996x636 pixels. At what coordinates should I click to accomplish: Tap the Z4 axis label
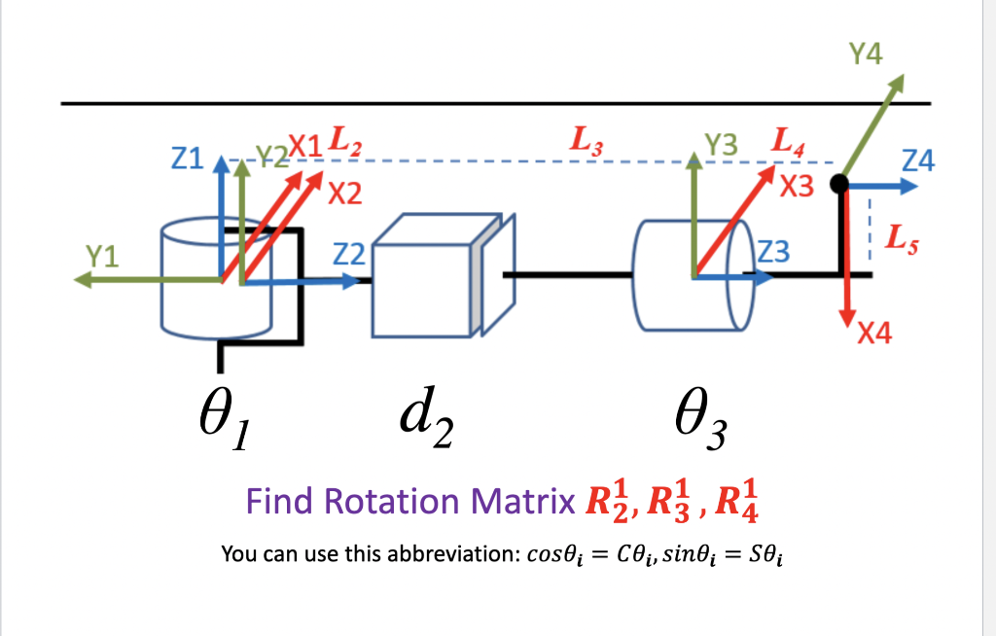coord(917,160)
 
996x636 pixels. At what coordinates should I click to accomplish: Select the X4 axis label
coord(874,335)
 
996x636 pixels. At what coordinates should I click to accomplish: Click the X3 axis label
coord(797,188)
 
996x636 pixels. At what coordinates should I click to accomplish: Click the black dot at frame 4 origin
coord(841,183)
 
